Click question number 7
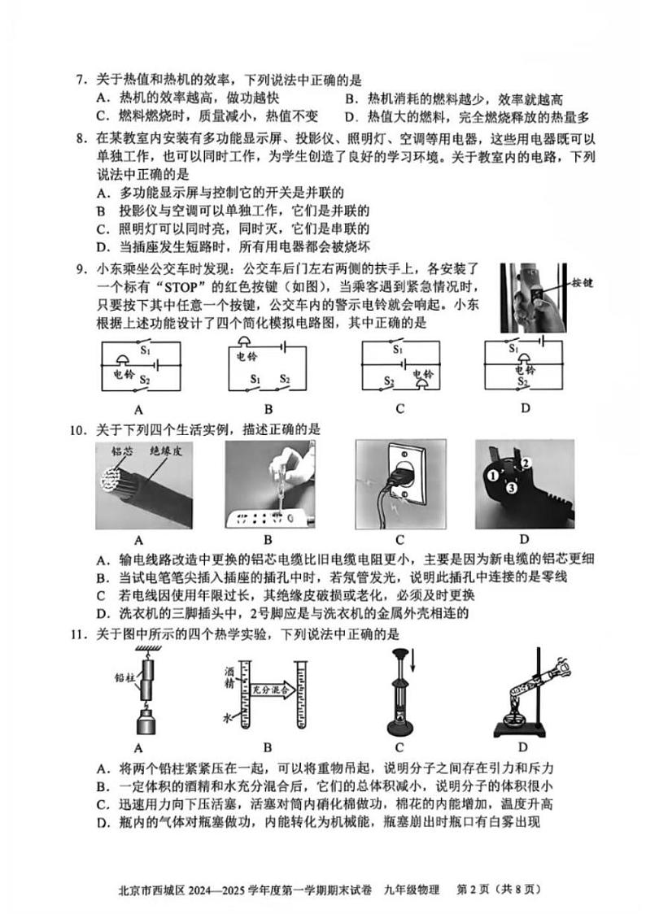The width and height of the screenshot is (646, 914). [x=80, y=80]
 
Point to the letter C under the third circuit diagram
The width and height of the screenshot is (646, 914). [x=399, y=409]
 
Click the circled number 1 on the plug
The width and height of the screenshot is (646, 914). [x=493, y=474]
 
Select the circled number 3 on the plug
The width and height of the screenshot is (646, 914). [x=510, y=489]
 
